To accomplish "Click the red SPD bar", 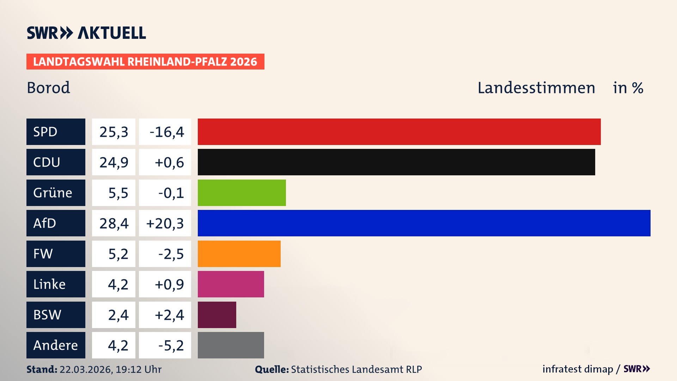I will [x=399, y=132].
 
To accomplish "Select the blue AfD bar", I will [x=424, y=223].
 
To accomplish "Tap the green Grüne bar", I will [x=242, y=193].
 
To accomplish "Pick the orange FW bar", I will [x=239, y=254].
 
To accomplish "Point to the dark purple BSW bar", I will [x=217, y=315].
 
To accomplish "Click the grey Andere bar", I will [x=231, y=345].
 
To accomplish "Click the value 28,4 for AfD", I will [x=114, y=223].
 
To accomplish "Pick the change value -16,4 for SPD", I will [x=166, y=132].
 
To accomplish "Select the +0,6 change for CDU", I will [x=169, y=162].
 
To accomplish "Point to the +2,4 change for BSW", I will [x=169, y=315].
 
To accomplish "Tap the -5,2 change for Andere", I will [x=171, y=345].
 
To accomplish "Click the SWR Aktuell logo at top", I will [x=86, y=33].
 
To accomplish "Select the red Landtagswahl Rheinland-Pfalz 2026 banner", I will [x=145, y=61].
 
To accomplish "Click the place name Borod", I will [x=48, y=87].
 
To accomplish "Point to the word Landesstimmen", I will [x=536, y=87].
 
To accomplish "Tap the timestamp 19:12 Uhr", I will [x=138, y=369].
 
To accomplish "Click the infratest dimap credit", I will [x=578, y=369].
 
